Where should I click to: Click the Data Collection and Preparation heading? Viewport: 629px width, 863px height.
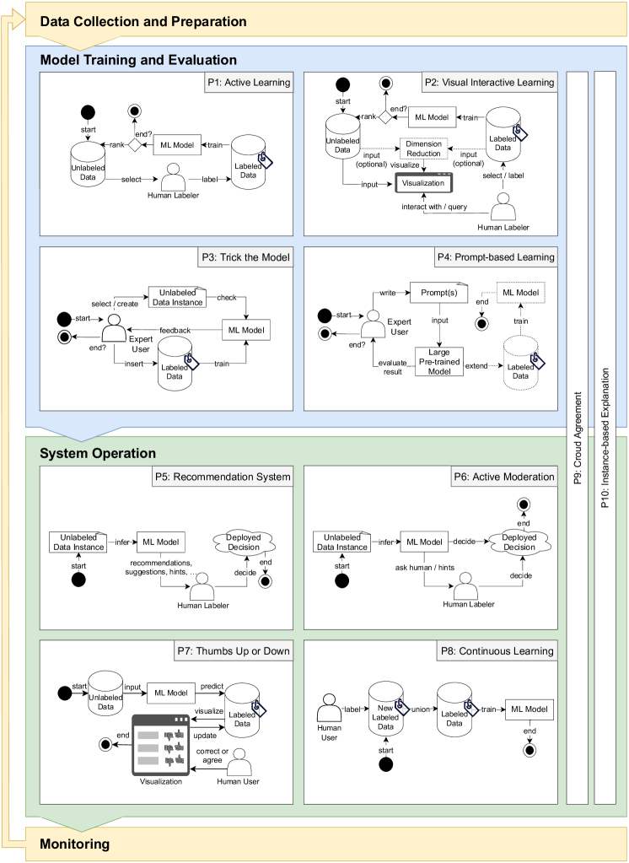tap(143, 22)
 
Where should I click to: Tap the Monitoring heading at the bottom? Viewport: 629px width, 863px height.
tap(75, 843)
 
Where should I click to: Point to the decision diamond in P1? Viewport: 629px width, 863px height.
tap(133, 145)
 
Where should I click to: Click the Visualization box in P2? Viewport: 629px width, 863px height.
tap(422, 181)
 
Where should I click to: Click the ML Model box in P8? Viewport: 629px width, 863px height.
tap(529, 710)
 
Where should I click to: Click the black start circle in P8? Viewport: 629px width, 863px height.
tap(387, 765)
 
